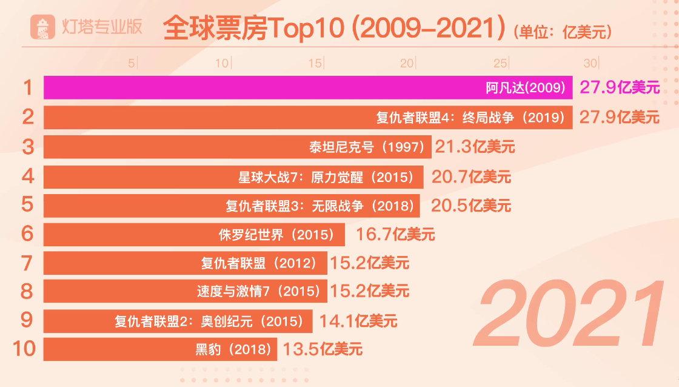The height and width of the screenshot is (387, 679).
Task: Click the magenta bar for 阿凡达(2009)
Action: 308,88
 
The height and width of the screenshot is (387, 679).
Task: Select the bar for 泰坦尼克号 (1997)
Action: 237,147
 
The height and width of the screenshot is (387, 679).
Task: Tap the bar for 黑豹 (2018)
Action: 160,349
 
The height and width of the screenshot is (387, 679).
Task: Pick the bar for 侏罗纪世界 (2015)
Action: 194,235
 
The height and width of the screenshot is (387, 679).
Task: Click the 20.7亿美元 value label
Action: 471,177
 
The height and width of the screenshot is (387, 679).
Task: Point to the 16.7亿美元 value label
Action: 395,235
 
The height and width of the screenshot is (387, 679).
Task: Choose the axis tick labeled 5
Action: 132,63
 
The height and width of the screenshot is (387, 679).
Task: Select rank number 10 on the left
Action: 24,349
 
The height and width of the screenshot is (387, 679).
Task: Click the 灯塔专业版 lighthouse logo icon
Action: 44,27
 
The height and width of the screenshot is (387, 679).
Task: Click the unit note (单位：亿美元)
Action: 562,30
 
